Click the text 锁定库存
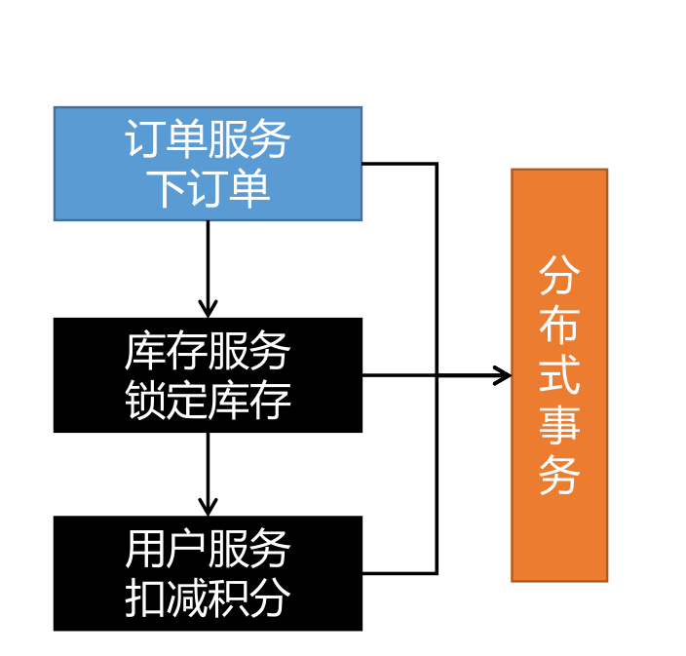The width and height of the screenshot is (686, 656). point(208,400)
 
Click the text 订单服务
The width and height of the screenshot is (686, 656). point(208,140)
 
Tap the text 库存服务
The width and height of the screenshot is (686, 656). point(208,352)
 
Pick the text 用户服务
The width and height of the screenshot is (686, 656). point(208,550)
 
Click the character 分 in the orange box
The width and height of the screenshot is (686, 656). point(559,277)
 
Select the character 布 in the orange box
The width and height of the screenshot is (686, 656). point(559,327)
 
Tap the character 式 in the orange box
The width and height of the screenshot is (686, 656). point(559,376)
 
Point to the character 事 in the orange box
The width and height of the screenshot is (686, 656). point(559,426)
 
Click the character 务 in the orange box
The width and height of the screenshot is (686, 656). point(559,476)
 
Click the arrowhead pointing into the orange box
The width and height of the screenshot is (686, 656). point(503,375)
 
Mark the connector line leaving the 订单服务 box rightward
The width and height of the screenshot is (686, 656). point(400,164)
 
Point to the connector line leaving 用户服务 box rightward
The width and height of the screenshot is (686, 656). point(400,573)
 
